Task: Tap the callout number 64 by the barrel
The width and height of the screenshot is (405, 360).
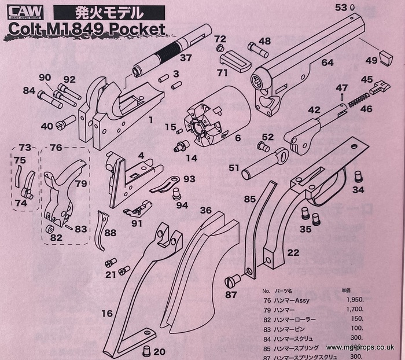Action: click(327, 62)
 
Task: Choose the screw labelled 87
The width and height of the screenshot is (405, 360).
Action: click(232, 282)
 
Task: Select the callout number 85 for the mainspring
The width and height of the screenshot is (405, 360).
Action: click(249, 200)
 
